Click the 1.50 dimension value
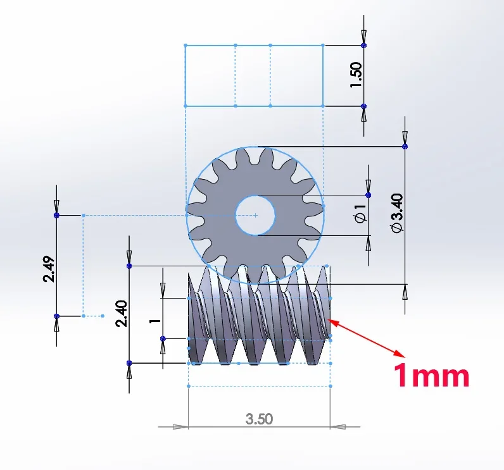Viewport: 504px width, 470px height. (x=355, y=75)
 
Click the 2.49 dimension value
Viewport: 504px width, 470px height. (x=48, y=268)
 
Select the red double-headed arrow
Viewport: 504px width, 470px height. (x=367, y=337)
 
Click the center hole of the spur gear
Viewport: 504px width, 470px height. (x=255, y=216)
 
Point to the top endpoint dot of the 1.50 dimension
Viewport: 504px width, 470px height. (x=363, y=46)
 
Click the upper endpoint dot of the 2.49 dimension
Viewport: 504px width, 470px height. (x=56, y=216)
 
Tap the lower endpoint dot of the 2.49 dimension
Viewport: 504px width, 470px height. (x=56, y=316)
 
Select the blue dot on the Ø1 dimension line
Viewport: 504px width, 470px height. (x=369, y=195)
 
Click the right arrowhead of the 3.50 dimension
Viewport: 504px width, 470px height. (x=338, y=426)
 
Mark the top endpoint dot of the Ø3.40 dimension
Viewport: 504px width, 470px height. (x=405, y=147)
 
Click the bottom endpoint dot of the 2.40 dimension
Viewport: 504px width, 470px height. (x=129, y=363)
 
